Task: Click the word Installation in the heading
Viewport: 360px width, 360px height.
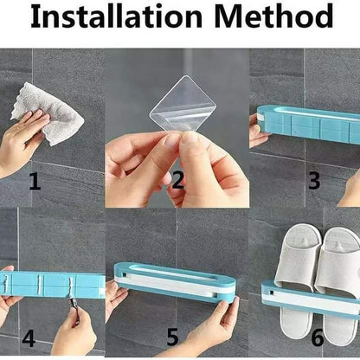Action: coord(116,16)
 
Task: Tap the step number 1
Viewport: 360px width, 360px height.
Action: coord(35,181)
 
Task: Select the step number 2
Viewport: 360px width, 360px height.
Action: coord(177,180)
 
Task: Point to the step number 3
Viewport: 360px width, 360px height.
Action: coord(314,180)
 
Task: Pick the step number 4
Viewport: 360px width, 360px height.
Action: coord(29,338)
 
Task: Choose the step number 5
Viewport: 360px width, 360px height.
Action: coord(173,337)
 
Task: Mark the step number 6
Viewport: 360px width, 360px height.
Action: coord(318,337)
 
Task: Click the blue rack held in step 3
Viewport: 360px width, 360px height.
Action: coord(308,124)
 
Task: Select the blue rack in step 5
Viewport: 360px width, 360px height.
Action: coord(175,282)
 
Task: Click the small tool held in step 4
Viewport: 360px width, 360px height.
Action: coord(70,304)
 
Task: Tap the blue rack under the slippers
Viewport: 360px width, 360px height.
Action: coord(311,300)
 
